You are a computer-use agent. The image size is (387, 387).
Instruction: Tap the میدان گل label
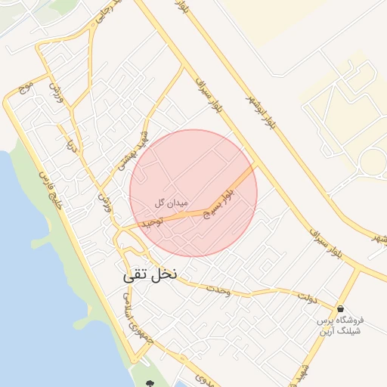tap(169, 203)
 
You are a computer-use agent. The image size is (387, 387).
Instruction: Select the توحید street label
tap(150, 222)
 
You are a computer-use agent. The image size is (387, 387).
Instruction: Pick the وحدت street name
tap(216, 290)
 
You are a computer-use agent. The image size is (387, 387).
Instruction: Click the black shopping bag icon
tap(341, 308)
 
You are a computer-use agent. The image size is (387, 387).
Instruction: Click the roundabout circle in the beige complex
tap(373, 161)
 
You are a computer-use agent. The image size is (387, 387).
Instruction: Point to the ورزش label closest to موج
tap(54, 91)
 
